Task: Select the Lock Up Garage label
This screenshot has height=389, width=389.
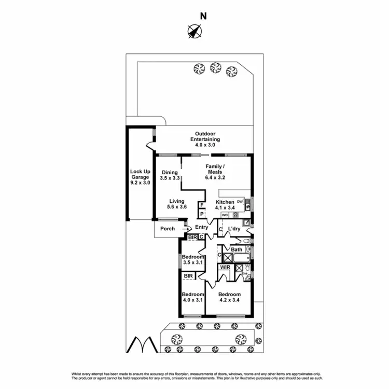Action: coord(140,177)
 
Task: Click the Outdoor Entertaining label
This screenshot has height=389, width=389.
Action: coord(205,139)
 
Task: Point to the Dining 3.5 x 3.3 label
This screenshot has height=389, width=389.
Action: coord(170,175)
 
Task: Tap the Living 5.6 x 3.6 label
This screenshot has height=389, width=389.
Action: coord(177,204)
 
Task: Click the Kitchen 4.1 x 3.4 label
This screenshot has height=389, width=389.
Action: coord(225,205)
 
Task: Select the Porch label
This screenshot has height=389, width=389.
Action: coord(167,228)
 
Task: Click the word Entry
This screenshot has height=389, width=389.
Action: coord(202,227)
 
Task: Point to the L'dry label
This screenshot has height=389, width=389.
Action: coord(233,229)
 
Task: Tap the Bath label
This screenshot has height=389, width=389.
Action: coord(237,250)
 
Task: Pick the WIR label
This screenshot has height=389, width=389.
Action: coord(225,268)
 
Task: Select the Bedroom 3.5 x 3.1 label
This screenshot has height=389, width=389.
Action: coord(192,260)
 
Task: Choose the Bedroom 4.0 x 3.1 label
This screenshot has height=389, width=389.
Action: coord(192,297)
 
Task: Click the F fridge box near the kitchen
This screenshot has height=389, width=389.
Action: coord(201,205)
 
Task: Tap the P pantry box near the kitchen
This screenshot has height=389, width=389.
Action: coord(201,214)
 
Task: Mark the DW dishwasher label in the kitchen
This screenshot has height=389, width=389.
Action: coord(240,202)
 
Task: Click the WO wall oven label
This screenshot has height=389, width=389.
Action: coord(225,214)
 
